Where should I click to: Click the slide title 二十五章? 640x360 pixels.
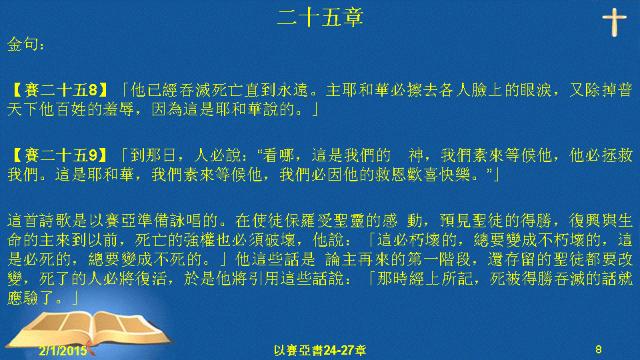(x=320, y=18)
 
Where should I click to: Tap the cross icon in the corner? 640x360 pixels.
(x=614, y=22)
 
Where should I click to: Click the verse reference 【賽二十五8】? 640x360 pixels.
(x=58, y=90)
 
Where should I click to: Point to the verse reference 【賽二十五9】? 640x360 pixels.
(x=58, y=155)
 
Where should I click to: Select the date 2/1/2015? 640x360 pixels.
(x=63, y=350)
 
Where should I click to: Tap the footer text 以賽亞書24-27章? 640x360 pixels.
(x=320, y=350)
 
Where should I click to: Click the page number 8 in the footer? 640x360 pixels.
(x=599, y=349)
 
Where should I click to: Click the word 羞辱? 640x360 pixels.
(x=119, y=109)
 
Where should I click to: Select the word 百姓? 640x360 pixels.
(x=71, y=109)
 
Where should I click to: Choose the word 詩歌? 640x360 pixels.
(x=55, y=221)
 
